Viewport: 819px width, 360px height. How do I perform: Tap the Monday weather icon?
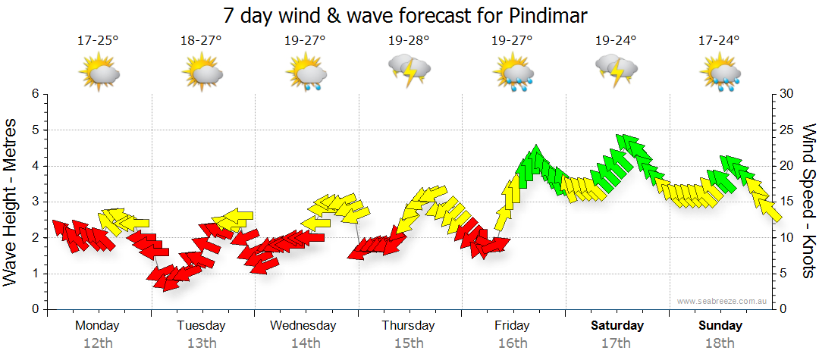click(x=98, y=72)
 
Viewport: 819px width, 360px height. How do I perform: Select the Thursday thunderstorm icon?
click(x=409, y=70)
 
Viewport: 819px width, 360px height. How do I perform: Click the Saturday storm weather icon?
click(x=616, y=70)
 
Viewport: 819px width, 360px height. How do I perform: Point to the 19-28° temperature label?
click(x=409, y=40)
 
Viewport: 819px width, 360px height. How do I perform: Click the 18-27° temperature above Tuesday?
click(x=201, y=40)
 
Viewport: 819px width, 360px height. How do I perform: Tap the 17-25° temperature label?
click(x=98, y=40)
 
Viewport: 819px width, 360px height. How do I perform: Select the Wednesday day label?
click(x=303, y=326)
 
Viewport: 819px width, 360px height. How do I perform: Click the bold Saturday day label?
click(x=617, y=326)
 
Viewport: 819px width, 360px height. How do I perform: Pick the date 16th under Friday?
click(x=513, y=343)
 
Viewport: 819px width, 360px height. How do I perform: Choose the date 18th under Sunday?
click(x=720, y=343)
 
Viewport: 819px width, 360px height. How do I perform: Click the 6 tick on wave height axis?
click(x=34, y=94)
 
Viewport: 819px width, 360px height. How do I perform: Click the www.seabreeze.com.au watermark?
click(x=723, y=302)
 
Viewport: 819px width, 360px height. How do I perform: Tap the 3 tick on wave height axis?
click(x=34, y=202)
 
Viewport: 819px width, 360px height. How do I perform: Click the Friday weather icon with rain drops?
click(x=513, y=72)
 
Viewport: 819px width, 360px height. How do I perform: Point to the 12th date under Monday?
click(x=98, y=343)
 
